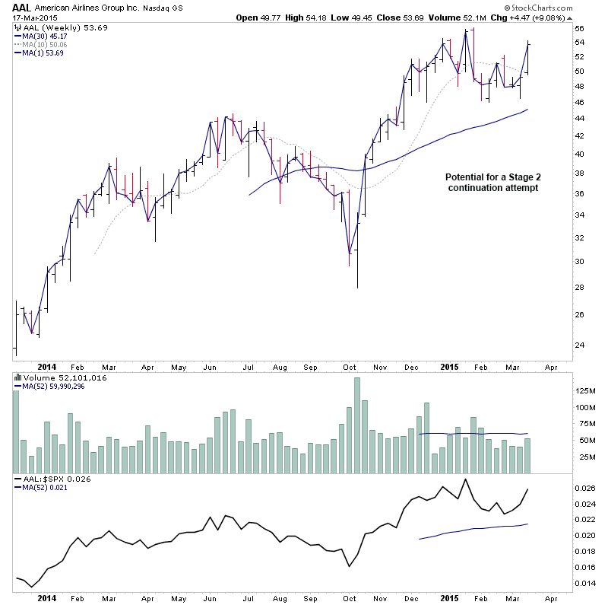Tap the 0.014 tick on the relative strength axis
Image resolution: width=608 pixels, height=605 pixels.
pos(586,583)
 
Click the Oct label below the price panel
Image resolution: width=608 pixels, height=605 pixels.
pos(350,366)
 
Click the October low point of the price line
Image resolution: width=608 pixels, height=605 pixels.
pos(350,253)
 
